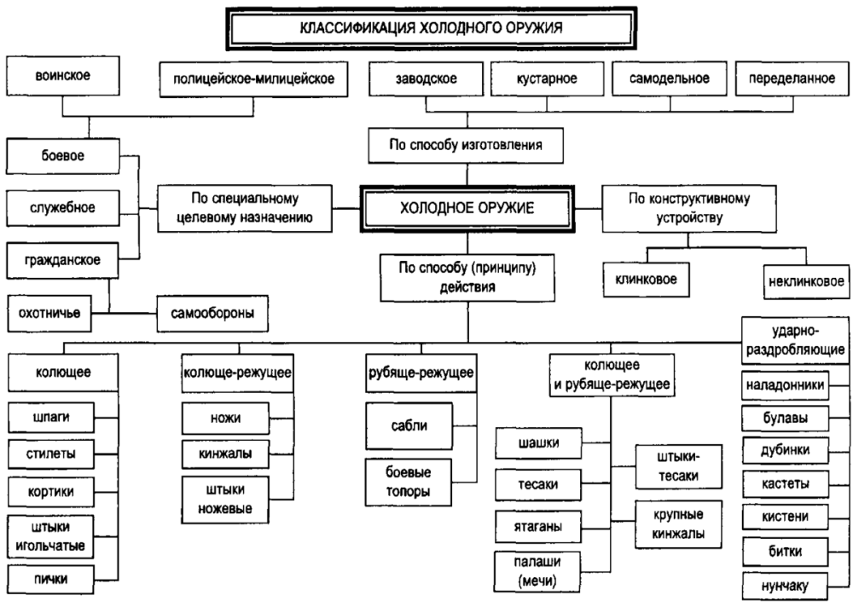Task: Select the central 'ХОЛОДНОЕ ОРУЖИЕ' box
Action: pos(467,207)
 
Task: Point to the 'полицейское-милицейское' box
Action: pos(253,80)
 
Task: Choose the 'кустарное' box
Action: pos(547,80)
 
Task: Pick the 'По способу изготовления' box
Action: pos(467,144)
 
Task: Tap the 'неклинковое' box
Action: pos(805,279)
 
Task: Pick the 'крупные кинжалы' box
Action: pos(678,524)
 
